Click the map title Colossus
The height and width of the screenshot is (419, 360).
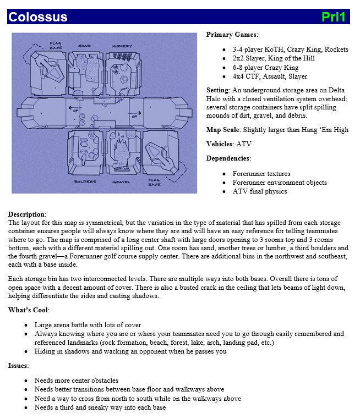coord(38,17)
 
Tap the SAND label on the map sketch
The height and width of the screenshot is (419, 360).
coord(84,46)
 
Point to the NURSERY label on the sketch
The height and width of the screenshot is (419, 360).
coord(122,46)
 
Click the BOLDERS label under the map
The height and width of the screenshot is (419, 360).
coord(85,181)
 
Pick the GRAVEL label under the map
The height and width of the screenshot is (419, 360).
coord(121,181)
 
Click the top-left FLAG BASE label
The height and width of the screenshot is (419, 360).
coord(56,45)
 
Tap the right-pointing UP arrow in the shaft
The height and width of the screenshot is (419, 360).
coord(134,115)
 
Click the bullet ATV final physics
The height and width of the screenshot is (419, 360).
coord(259,191)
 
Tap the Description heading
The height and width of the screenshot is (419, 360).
coord(26,214)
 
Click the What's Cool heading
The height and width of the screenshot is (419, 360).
coord(28,310)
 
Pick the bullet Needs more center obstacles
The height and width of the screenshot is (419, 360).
coord(76,381)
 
